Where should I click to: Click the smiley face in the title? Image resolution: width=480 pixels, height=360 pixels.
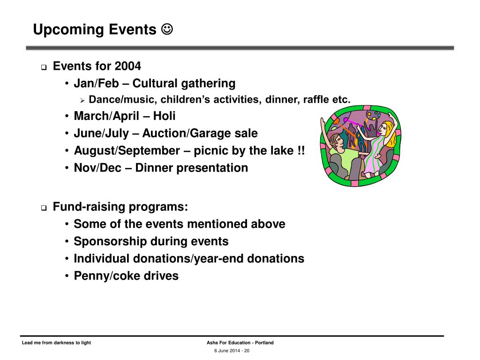point(167,29)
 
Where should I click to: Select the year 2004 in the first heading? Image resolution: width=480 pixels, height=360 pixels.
point(128,66)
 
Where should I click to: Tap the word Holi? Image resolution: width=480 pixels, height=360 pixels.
point(164,116)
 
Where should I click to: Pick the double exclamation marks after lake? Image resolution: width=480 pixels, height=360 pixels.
point(301,150)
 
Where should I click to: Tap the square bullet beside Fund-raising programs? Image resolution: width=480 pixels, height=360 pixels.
point(44,208)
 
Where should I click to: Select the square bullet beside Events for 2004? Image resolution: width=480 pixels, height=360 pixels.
point(44,67)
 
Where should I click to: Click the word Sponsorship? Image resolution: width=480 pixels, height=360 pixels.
point(110,242)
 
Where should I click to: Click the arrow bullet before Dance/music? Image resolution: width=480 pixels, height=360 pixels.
point(82,100)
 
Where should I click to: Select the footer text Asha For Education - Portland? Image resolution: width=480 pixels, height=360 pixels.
point(240,343)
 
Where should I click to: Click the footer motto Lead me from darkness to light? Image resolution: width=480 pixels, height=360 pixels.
point(56,343)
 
